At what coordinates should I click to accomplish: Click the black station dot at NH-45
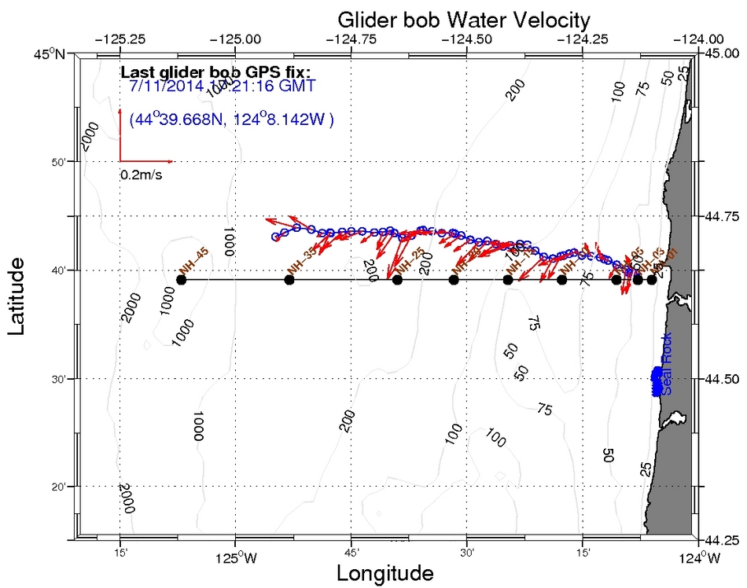tap(182, 280)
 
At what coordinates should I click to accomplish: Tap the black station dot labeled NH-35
tap(289, 280)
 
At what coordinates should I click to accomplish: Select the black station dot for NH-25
tap(398, 280)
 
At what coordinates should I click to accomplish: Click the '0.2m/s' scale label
tap(142, 175)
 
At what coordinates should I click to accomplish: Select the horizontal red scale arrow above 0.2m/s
tap(145, 161)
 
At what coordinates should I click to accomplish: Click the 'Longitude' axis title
tap(385, 573)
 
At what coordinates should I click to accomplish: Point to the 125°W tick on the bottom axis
tap(237, 559)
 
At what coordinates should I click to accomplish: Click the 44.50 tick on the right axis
tap(722, 379)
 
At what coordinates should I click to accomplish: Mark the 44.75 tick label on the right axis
tap(722, 216)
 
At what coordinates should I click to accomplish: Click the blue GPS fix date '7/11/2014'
tap(164, 86)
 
